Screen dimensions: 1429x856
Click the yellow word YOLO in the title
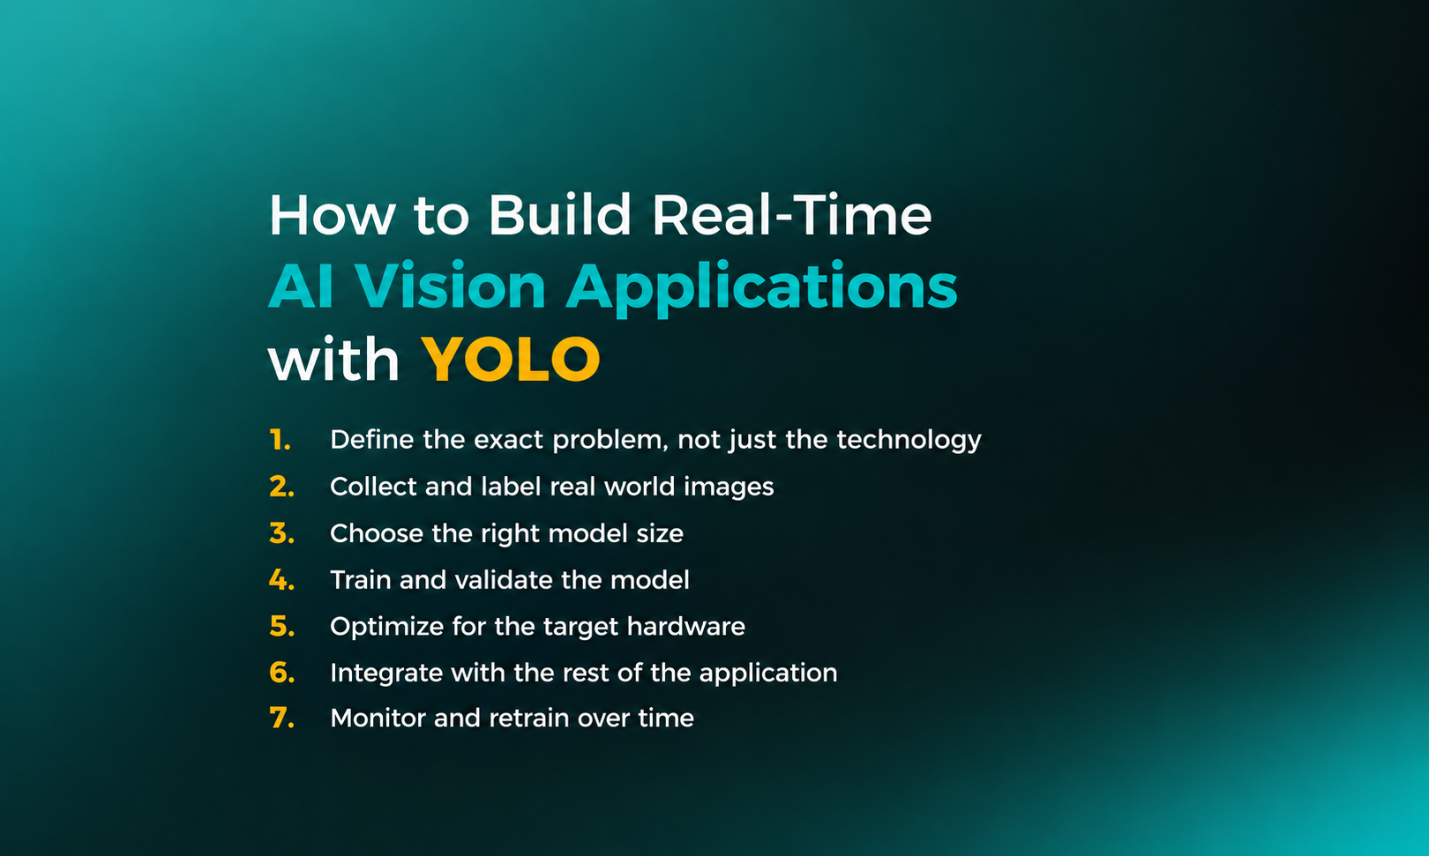(511, 359)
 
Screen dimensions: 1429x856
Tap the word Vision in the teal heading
(451, 287)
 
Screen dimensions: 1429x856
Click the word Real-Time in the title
(792, 214)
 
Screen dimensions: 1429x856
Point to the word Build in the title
(560, 214)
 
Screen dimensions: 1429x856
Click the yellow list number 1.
(280, 440)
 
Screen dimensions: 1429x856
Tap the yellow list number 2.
(282, 487)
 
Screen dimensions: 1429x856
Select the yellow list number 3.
(282, 533)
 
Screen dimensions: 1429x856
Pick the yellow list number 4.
(282, 580)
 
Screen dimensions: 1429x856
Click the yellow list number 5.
(282, 627)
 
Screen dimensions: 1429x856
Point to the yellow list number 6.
(282, 673)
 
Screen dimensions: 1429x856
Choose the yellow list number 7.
(282, 718)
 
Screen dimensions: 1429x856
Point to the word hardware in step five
(685, 627)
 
